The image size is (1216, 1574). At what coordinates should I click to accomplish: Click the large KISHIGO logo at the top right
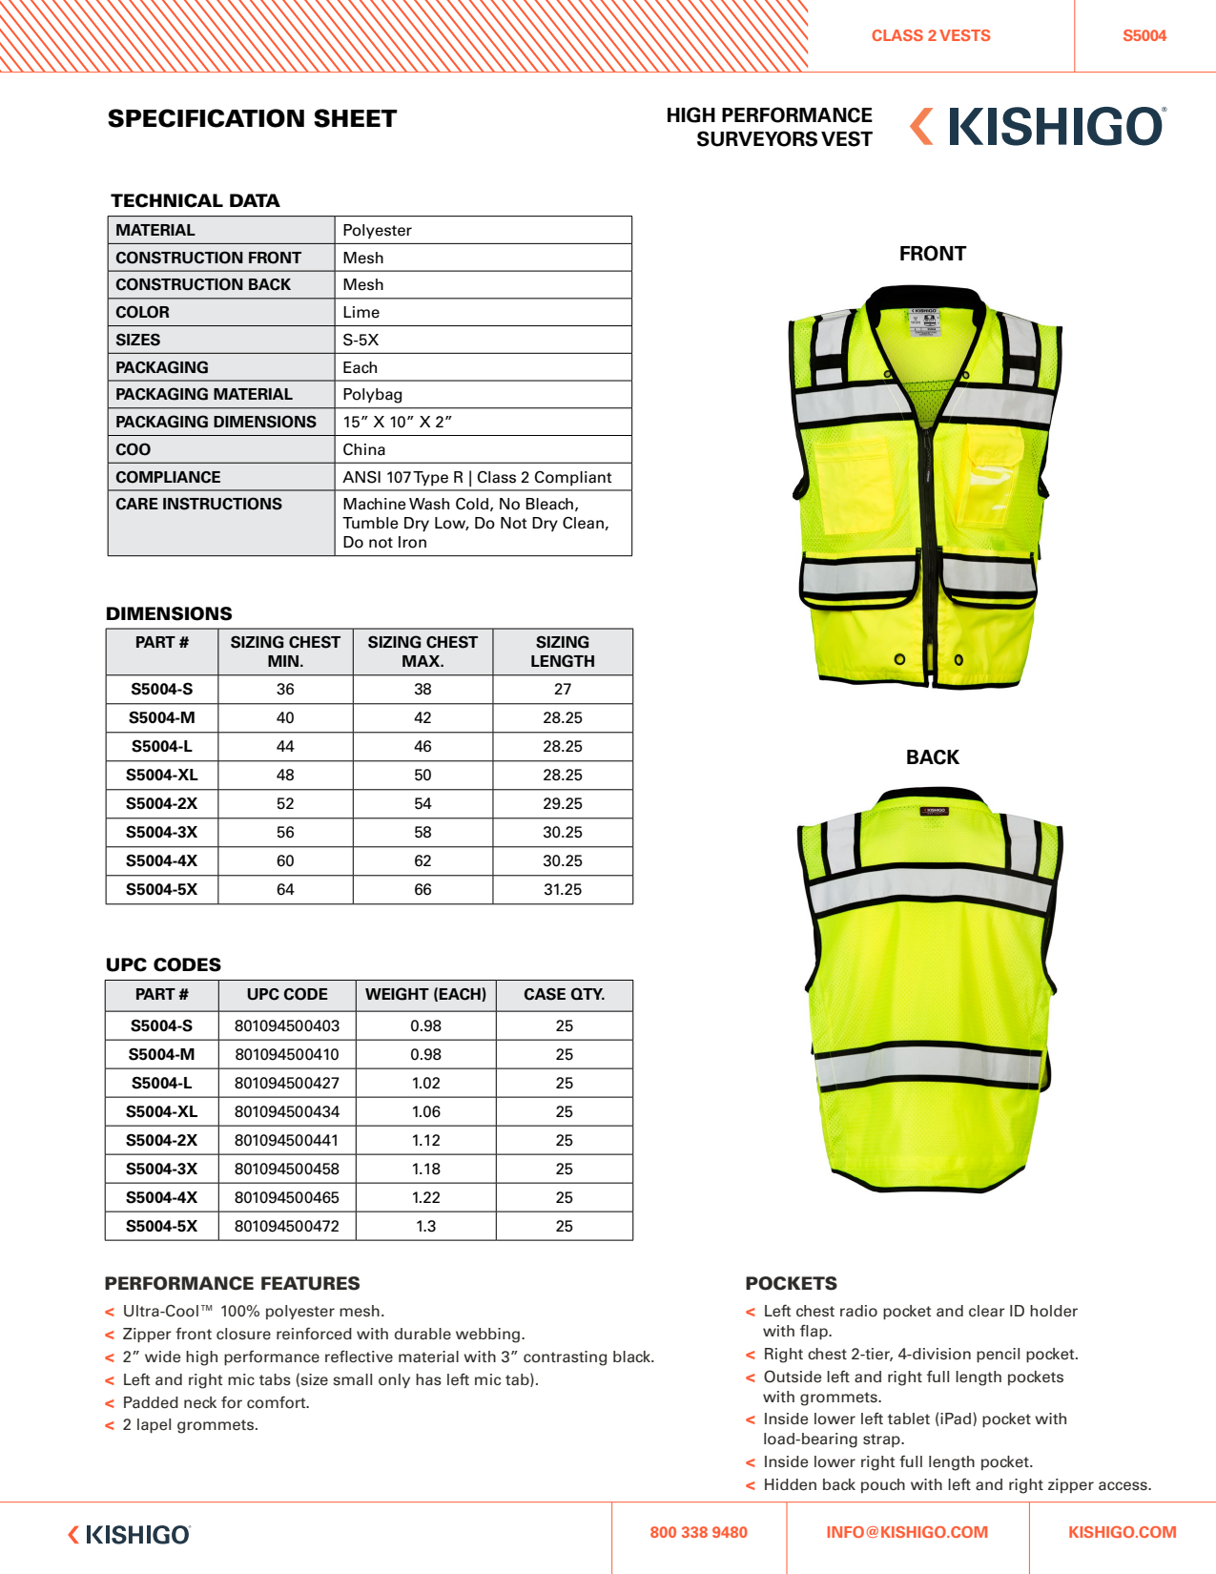pos(1040,127)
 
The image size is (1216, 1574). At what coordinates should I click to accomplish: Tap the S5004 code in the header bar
pos(1144,35)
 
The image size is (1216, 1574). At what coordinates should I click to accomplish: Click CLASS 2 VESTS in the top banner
pos(931,35)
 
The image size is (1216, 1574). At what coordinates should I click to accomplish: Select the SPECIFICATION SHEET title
pos(252,118)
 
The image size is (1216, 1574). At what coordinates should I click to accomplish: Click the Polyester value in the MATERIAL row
pos(378,230)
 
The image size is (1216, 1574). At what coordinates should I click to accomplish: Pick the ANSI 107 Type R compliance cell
pos(477,477)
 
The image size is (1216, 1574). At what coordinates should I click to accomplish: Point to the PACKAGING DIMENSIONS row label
pos(216,422)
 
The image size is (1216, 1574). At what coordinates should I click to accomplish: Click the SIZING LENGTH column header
pos(563,652)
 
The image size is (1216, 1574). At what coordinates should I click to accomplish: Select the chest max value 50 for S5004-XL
pos(423,775)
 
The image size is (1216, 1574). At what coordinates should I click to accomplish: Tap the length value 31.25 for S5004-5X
pos(563,889)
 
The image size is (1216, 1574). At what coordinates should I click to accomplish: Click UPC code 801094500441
pos(287,1140)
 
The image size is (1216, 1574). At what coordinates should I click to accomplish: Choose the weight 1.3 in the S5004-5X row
pos(425,1226)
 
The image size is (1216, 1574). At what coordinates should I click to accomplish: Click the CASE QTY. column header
pos(564,994)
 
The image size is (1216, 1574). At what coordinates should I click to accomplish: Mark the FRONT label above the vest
pos(932,254)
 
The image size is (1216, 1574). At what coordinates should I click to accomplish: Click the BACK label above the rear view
pos(932,757)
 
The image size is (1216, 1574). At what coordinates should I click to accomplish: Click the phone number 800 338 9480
pos(698,1532)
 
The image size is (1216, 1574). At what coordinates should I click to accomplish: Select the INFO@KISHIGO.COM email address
pos(907,1532)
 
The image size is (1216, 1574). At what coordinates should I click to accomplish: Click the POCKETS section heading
pos(791,1283)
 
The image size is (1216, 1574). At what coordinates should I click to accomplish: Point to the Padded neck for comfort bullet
pos(216,1402)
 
